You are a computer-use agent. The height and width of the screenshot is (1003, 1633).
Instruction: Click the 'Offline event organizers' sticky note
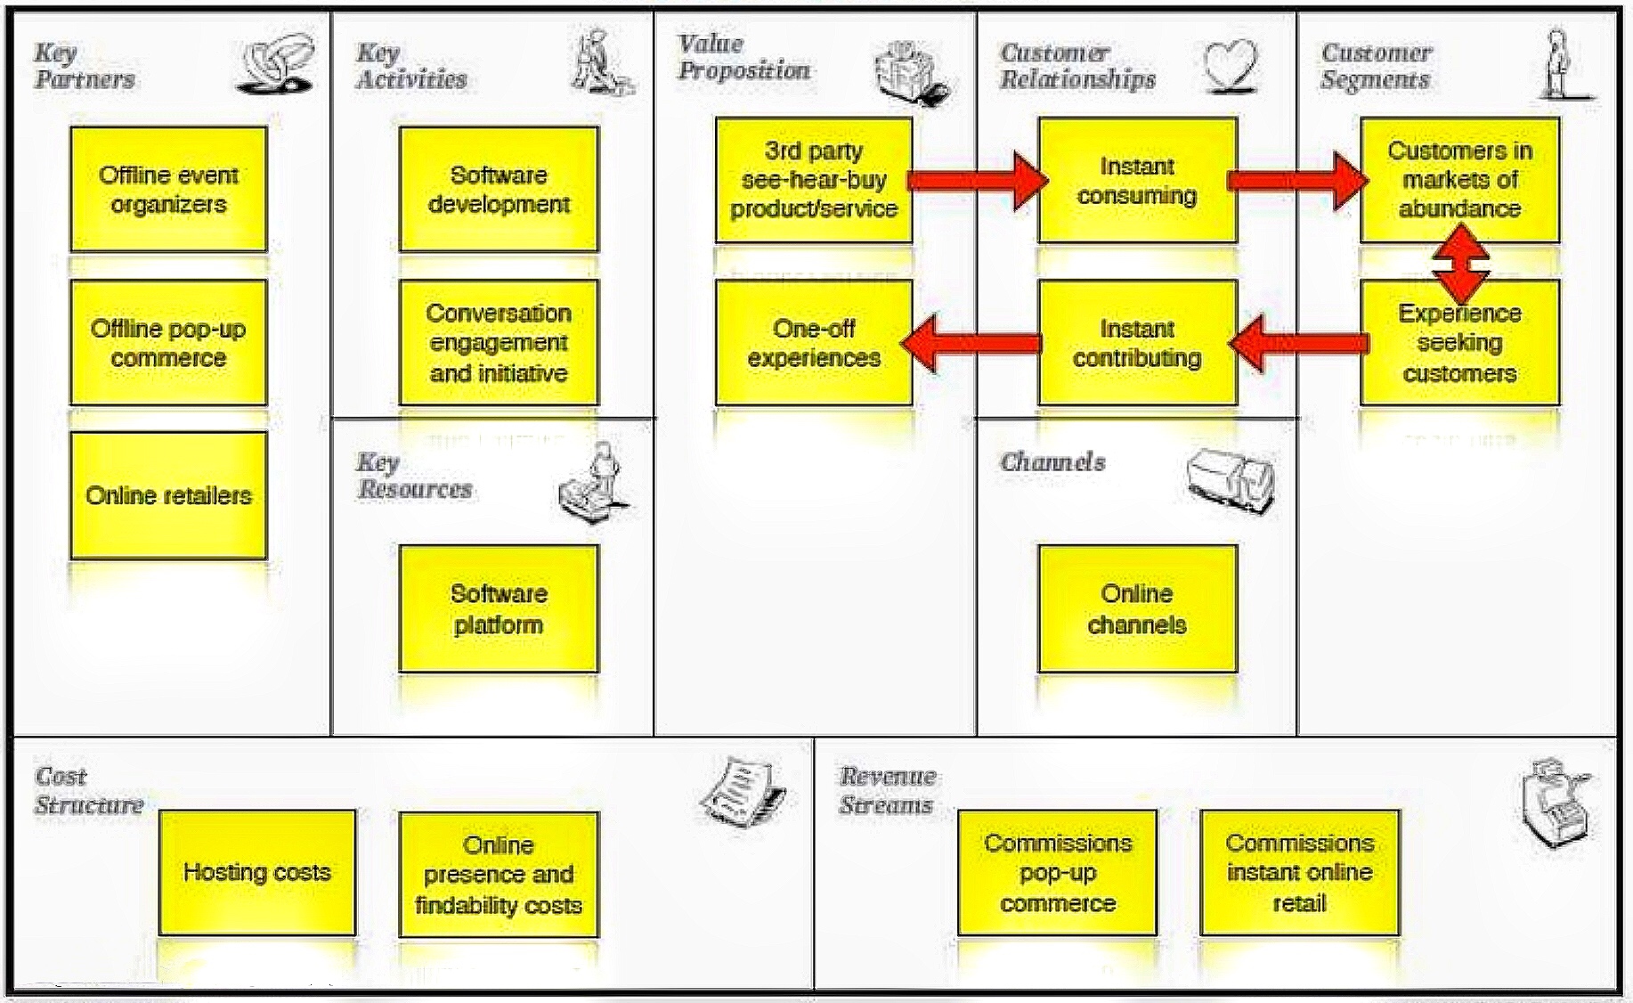coord(168,189)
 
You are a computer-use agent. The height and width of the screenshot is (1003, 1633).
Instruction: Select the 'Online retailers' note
coord(168,495)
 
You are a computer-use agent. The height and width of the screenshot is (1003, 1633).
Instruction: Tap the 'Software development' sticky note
coord(499,189)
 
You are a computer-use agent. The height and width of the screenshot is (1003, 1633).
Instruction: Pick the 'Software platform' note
coord(499,608)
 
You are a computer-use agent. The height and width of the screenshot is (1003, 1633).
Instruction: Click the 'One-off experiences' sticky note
coord(814,343)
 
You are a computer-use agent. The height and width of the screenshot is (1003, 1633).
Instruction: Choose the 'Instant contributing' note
coord(1137,343)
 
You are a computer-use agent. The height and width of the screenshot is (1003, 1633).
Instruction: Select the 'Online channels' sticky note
coord(1137,608)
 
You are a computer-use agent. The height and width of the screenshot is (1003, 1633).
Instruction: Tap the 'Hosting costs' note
coord(256,872)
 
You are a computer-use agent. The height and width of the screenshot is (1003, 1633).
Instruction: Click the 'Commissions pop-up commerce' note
coord(1057,872)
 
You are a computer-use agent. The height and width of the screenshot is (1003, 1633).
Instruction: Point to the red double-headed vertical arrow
coord(1459,263)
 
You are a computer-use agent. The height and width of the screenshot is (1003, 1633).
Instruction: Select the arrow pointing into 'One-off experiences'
coord(971,343)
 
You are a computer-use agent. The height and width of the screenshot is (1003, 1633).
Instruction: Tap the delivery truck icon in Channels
coord(1231,481)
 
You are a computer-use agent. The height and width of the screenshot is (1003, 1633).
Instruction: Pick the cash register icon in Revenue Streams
coord(1555,802)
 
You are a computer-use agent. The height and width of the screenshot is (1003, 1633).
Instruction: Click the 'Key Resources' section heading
coord(414,476)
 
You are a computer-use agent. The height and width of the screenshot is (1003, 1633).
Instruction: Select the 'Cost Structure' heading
coord(88,790)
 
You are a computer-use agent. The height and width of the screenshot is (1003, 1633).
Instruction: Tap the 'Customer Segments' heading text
coord(1376,66)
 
